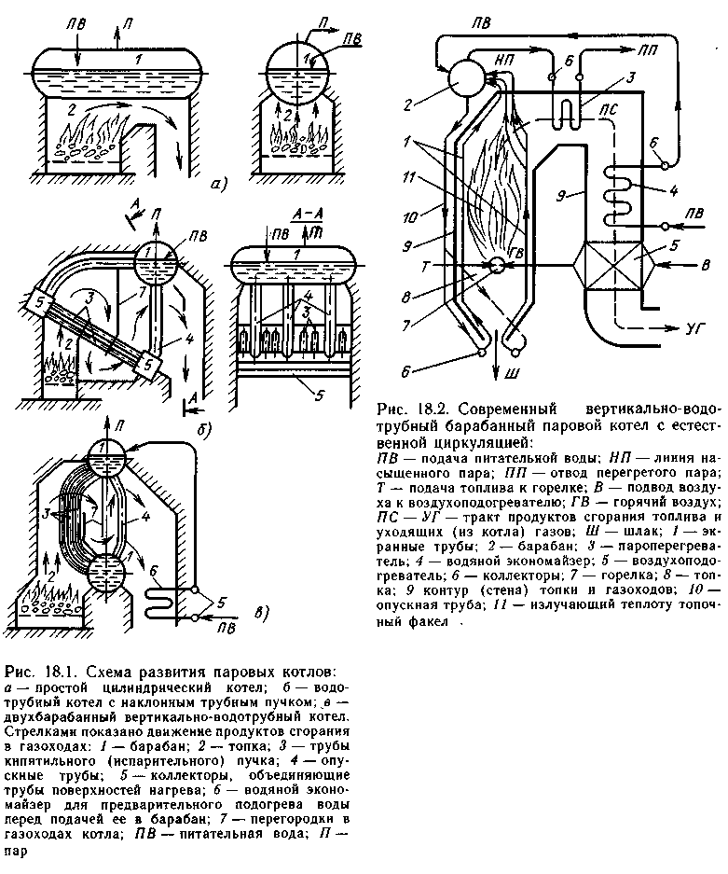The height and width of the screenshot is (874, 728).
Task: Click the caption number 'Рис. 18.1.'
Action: tap(34, 672)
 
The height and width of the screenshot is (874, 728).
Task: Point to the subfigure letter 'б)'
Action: tap(204, 429)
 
